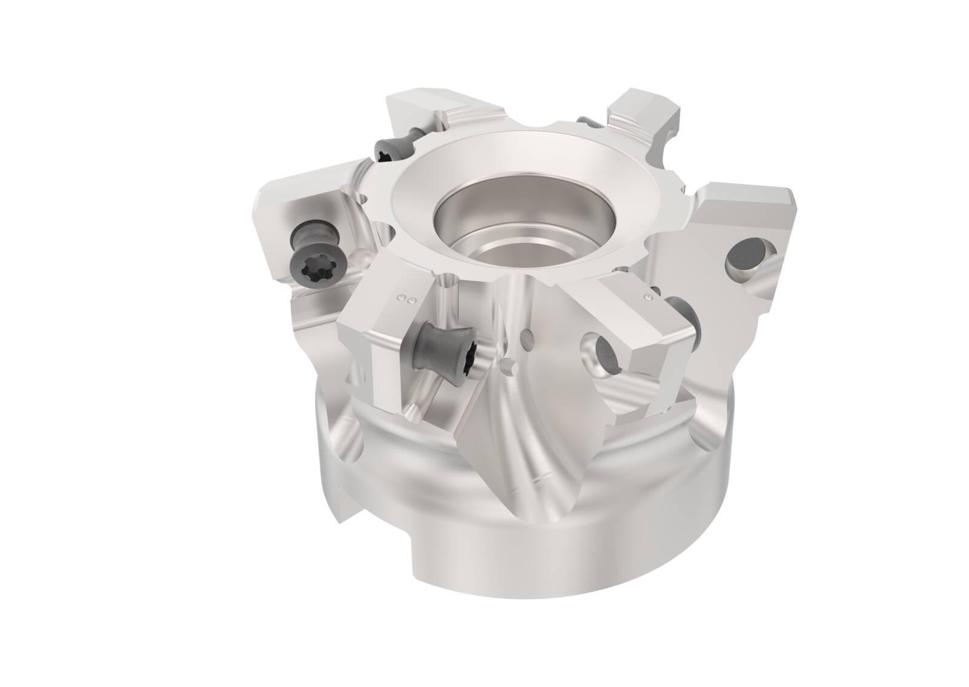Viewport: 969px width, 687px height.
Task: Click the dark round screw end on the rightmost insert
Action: click(744, 256)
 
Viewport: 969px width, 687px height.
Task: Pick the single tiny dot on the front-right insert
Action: click(649, 297)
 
